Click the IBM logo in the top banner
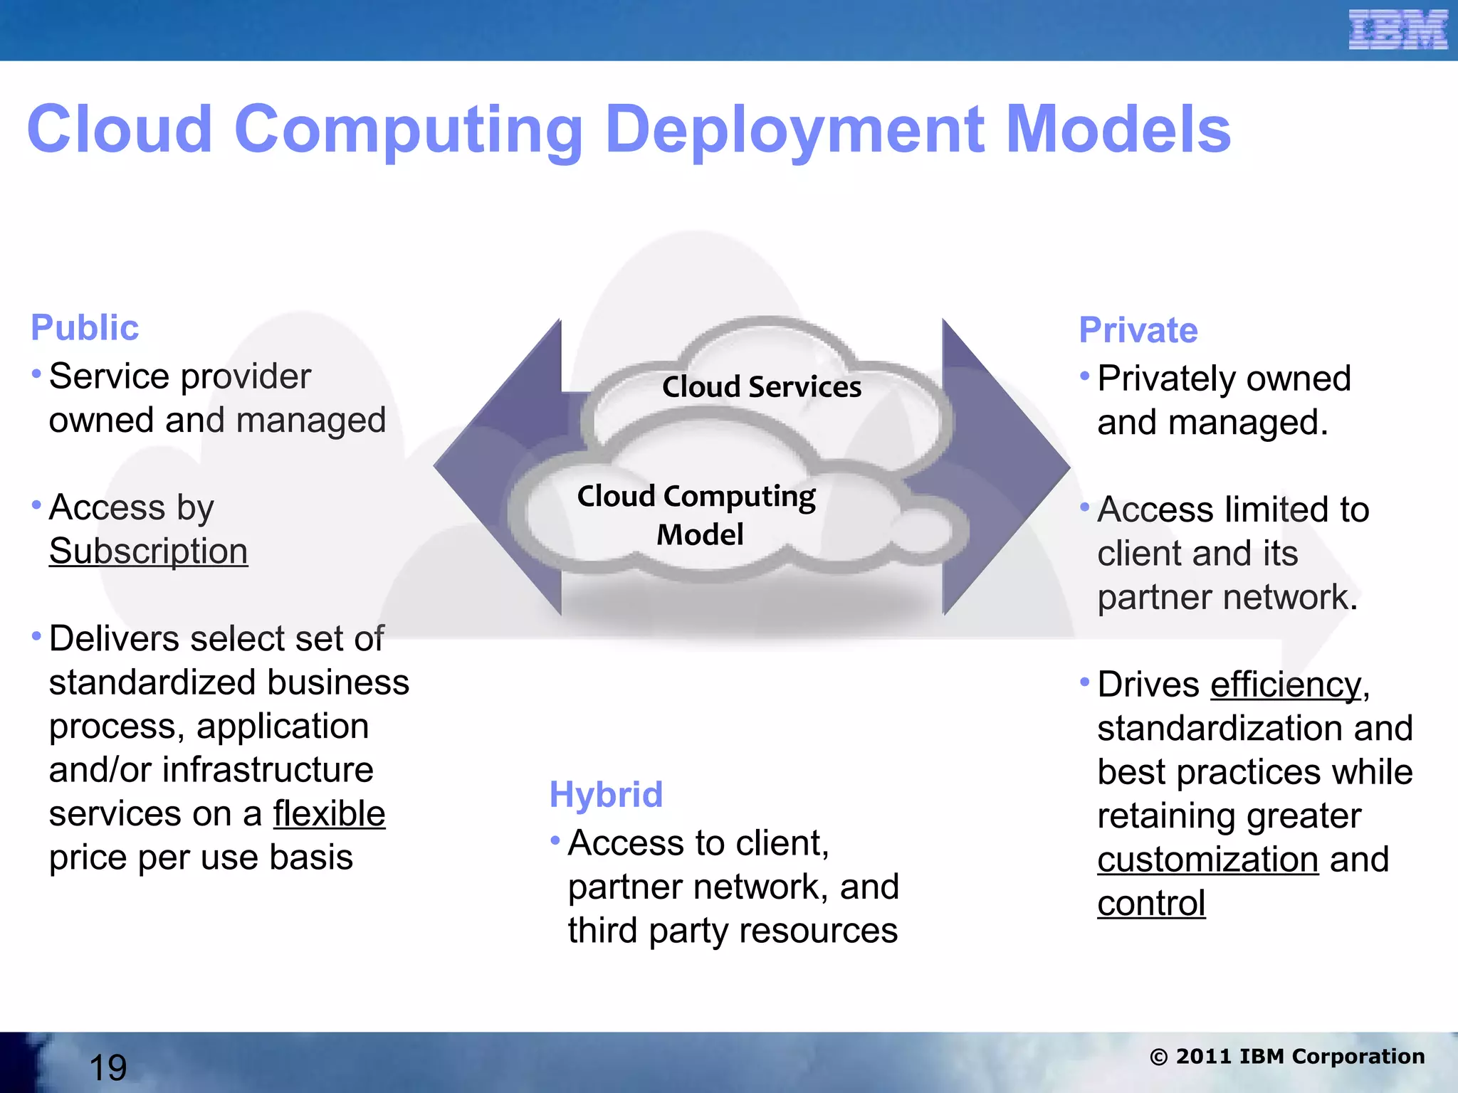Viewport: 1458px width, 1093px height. tap(1397, 31)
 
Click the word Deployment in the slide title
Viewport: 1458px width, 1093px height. tap(796, 131)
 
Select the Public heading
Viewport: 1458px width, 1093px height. tap(85, 328)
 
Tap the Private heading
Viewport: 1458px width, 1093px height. tap(1138, 330)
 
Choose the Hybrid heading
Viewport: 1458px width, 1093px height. tap(606, 795)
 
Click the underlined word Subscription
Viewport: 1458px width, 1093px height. tap(148, 551)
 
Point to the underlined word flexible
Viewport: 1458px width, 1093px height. tap(329, 814)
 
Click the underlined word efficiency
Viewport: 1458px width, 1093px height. tap(1286, 685)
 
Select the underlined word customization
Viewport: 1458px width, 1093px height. tap(1207, 860)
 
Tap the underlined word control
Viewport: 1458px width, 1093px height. tap(1151, 904)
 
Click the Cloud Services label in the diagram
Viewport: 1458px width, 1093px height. tap(762, 387)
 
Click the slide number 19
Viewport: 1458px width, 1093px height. tap(108, 1067)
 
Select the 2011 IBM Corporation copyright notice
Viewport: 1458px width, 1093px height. tap(1287, 1057)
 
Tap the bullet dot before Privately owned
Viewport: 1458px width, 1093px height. tap(1084, 376)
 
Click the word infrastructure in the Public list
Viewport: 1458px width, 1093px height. tap(268, 771)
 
